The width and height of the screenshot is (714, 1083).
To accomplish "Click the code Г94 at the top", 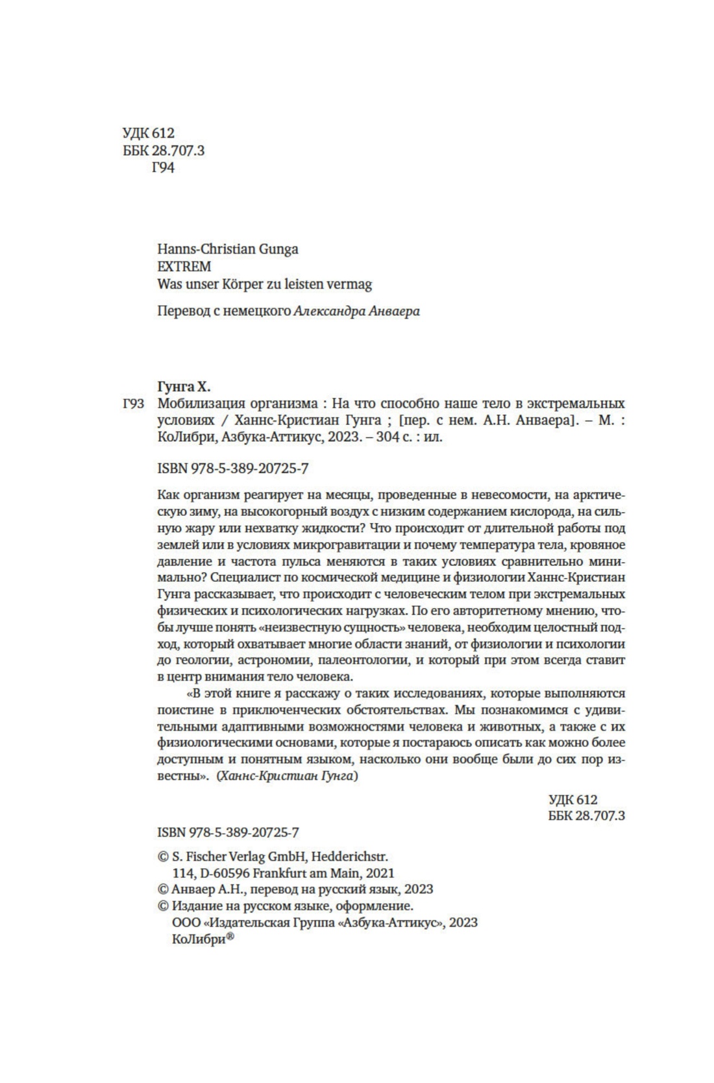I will click(163, 168).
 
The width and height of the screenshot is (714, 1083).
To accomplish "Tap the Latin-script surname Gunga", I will click(278, 249).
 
